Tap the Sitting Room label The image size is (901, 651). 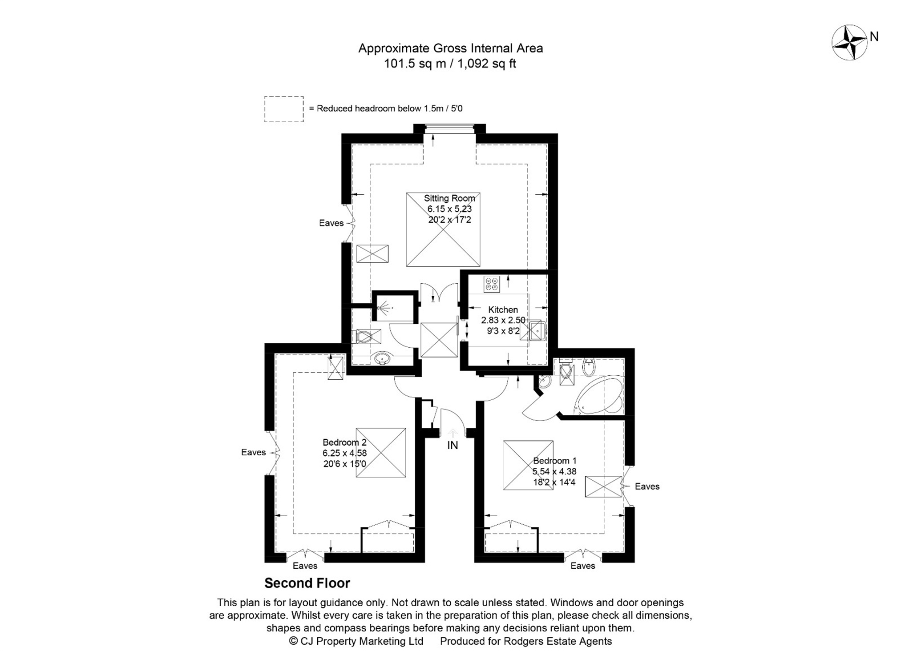[449, 198]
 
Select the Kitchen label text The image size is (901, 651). [503, 309]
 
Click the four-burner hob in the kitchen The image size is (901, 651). [492, 285]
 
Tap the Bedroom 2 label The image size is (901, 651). [344, 442]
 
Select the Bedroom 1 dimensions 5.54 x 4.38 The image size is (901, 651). [554, 471]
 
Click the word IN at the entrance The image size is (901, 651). [452, 445]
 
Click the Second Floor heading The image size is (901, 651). [307, 583]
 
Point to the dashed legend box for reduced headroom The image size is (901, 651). [283, 109]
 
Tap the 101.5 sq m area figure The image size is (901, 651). [415, 64]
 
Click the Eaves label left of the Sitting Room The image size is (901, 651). [331, 223]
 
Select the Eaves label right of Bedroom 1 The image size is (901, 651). [646, 486]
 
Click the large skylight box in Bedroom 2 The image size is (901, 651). [380, 453]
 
